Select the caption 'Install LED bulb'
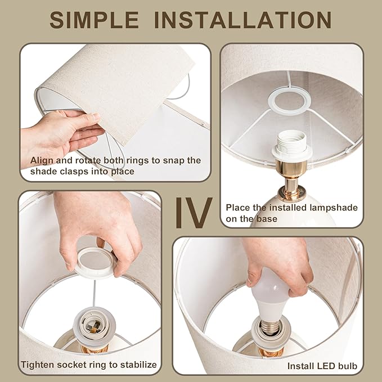(322, 366)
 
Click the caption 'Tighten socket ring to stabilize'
(89, 365)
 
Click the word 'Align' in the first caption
(42, 161)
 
